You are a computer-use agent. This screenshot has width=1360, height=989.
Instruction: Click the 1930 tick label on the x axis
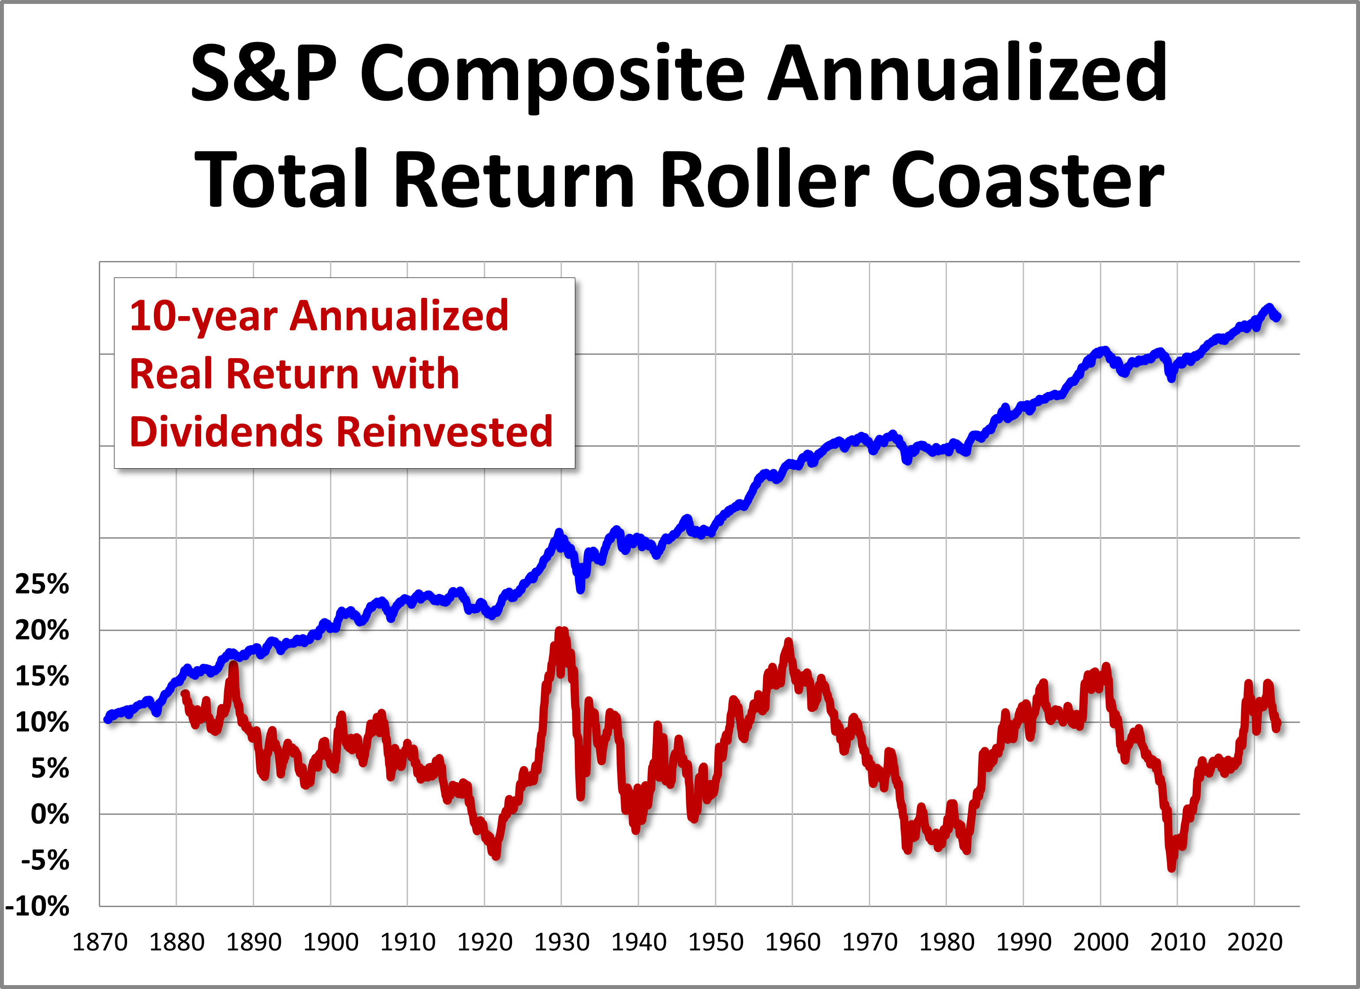point(561,942)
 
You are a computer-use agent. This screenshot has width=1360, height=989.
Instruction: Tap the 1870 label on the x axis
point(100,942)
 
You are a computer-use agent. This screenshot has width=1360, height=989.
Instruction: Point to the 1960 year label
point(792,942)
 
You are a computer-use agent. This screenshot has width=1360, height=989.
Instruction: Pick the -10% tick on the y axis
point(37,906)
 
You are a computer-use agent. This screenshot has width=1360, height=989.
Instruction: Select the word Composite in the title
point(552,73)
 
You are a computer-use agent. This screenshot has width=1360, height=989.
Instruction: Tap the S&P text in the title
point(264,73)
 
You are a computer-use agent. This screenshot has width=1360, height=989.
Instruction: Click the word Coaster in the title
point(1027,179)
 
